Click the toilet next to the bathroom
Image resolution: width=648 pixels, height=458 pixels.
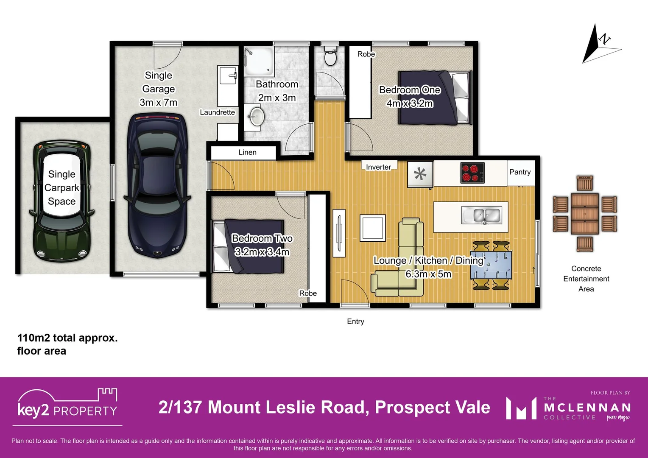point(330,56)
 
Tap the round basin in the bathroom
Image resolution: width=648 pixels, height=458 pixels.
point(256,116)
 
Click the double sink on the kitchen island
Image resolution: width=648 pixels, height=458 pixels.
point(481,215)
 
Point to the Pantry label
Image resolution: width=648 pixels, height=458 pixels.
point(520,172)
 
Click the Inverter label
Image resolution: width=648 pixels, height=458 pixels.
point(378,167)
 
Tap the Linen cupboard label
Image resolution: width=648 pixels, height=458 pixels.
point(247,153)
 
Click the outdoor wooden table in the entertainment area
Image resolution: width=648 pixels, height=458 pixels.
point(584,213)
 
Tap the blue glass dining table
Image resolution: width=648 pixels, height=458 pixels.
point(491,265)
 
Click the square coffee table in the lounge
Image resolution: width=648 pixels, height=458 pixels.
point(373,228)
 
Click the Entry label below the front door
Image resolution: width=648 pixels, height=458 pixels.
point(355,321)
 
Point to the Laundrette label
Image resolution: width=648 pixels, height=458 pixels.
point(217,112)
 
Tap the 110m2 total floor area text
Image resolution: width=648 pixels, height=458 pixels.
point(67,344)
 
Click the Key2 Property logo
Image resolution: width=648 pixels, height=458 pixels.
point(67,405)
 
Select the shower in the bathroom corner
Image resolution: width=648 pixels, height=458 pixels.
point(259,61)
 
